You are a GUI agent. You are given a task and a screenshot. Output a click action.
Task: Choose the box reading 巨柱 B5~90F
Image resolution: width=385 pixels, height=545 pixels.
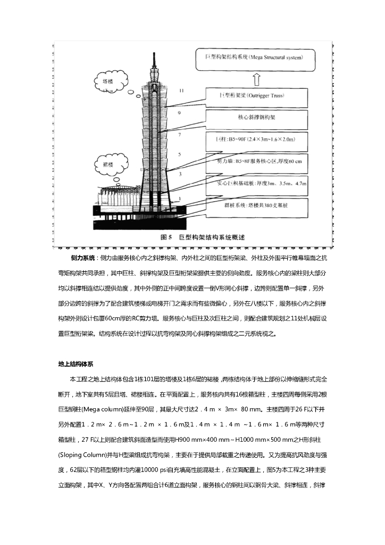pyautogui.click(x=255, y=139)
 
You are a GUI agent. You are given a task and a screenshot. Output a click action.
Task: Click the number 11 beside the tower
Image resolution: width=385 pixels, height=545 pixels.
pyautogui.click(x=182, y=91)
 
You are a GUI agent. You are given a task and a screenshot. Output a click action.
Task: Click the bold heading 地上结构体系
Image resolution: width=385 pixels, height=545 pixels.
pyautogui.click(x=76, y=365)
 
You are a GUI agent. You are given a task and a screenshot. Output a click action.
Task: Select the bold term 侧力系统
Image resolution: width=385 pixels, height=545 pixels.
pyautogui.click(x=82, y=258)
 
